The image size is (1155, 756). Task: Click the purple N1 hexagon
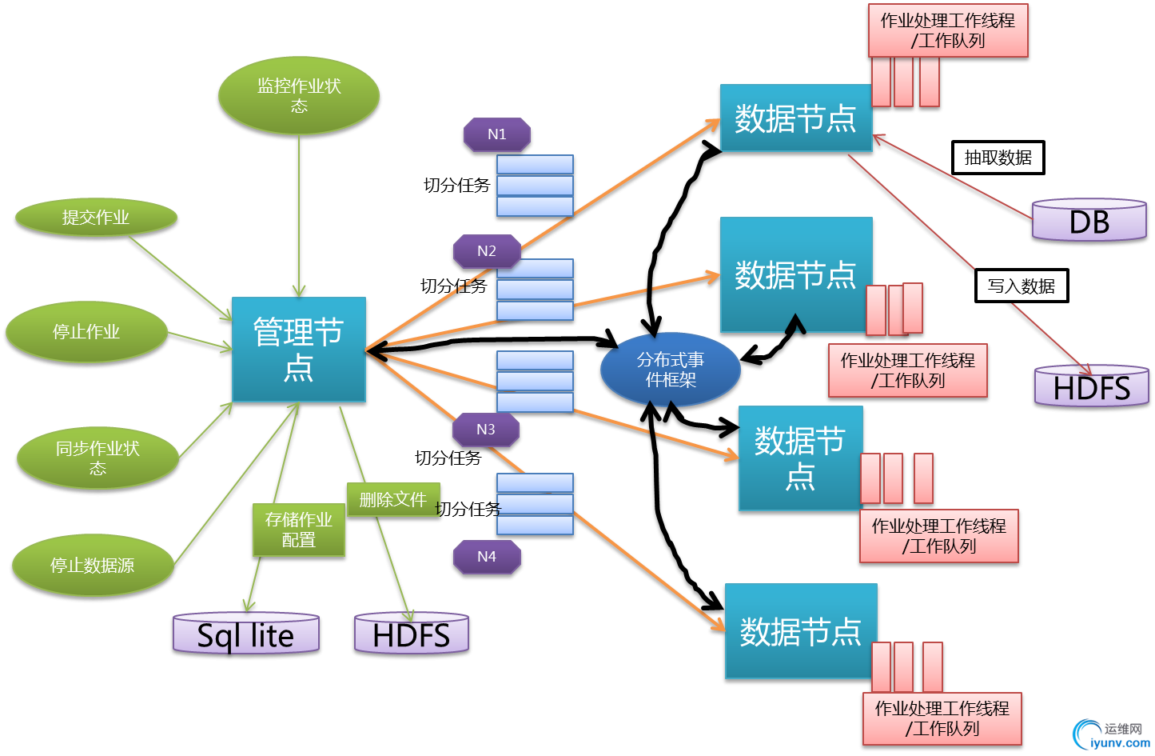496,134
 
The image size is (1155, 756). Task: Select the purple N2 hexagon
486,251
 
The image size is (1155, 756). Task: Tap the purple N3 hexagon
485,430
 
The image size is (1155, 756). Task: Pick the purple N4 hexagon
486,557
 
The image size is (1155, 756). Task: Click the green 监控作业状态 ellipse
299,96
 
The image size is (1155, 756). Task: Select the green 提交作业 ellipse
96,218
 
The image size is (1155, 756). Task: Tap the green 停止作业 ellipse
86,332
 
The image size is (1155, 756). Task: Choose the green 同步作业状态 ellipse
97,458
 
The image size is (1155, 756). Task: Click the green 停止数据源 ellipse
92,566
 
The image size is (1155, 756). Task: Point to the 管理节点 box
298,350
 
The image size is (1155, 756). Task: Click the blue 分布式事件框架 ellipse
670,370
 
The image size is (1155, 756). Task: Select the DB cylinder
1089,222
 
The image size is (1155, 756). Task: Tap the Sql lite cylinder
246,635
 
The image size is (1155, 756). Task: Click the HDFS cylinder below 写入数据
1091,388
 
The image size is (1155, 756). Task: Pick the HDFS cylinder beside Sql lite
411,635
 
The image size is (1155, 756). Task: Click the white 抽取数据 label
998,158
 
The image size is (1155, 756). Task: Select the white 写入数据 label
1021,286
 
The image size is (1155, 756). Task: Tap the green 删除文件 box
392,500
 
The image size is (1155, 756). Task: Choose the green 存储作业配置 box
298,530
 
